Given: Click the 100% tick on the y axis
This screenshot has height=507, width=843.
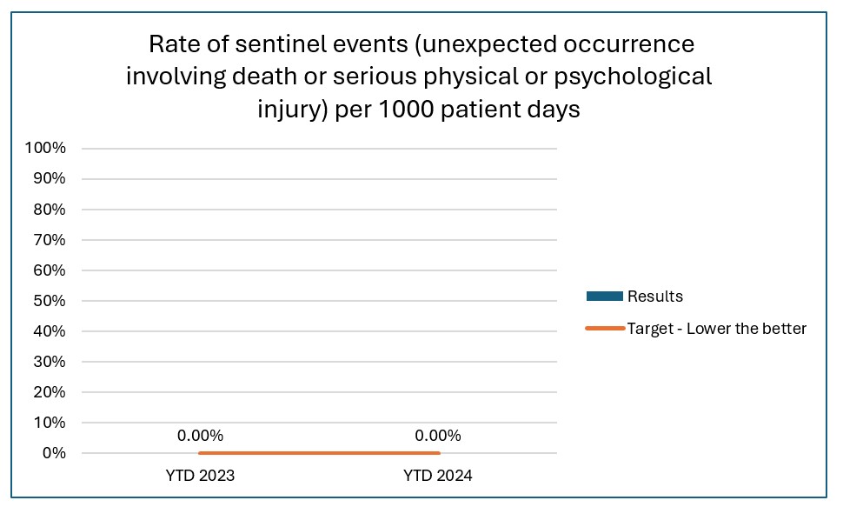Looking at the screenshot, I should [x=45, y=148].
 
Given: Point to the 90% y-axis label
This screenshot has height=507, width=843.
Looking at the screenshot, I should [x=49, y=178].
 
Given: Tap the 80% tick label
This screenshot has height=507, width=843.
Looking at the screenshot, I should [x=49, y=209].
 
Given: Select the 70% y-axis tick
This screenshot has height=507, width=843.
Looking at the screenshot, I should [x=49, y=239].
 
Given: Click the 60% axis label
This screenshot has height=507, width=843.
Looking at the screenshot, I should [x=49, y=270].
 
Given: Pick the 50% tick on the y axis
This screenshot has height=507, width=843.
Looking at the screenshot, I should [x=49, y=301].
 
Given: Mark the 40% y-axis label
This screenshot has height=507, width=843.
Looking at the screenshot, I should [x=49, y=331].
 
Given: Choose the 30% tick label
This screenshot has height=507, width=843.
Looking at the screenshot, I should [x=49, y=362].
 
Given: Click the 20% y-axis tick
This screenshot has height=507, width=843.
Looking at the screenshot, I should [x=49, y=392].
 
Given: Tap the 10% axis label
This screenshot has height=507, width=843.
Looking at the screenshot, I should [x=49, y=423].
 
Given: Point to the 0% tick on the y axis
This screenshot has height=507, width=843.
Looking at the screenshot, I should [x=53, y=453].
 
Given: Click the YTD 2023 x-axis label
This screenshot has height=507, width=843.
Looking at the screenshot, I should [x=200, y=477].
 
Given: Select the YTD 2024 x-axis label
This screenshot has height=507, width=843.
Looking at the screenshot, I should [x=437, y=477].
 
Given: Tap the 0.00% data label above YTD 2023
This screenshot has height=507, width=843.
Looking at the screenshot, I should [x=200, y=436].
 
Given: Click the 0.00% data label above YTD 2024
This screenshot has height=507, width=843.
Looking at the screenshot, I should [x=437, y=436].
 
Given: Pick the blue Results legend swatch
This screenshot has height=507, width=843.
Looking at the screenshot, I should [x=605, y=297].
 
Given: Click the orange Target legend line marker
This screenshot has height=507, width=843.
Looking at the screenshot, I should [x=605, y=329].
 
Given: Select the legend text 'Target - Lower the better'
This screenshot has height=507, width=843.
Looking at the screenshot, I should [x=717, y=329].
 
